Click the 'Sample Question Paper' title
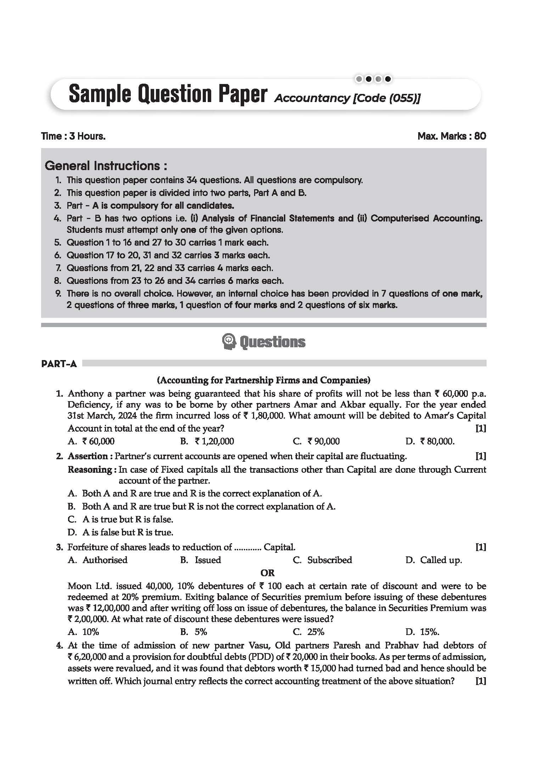pos(167,95)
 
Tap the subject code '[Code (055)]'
pos(386,98)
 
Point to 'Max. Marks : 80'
pos(452,136)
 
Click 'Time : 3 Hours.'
pos(73,136)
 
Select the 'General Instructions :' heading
pos(106,165)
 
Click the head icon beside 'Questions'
pos(229,342)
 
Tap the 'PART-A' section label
pos(59,364)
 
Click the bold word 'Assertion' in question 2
pos(88,456)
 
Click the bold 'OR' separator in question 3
pos(267,573)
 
